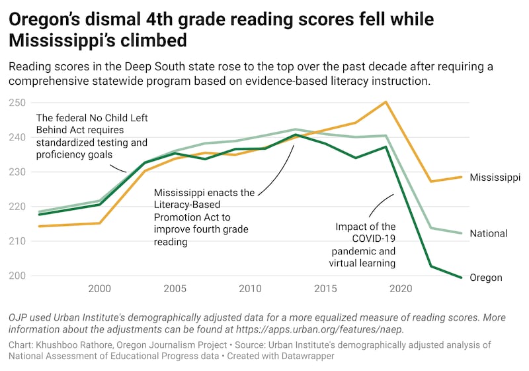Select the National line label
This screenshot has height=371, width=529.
[488, 233]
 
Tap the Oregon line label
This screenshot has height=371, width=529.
[485, 278]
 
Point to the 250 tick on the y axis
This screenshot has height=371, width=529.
[18, 103]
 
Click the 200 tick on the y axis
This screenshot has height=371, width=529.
[18, 276]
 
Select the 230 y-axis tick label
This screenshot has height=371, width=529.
[18, 172]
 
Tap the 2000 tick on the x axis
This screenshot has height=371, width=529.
[100, 289]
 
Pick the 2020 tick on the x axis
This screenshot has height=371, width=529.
[400, 289]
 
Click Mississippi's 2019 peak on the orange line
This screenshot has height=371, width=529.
[386, 102]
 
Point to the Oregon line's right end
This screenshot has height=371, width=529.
[462, 278]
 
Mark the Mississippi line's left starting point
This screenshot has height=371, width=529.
[39, 227]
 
